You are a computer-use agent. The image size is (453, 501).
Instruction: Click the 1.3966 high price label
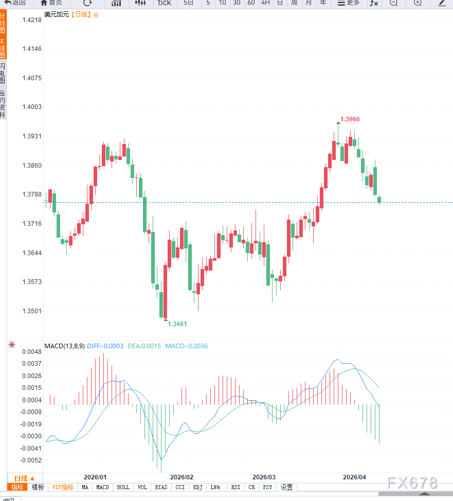[x=350, y=119]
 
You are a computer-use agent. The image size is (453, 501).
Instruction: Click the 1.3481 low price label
[x=177, y=324]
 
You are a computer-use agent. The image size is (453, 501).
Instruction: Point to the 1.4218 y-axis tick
[x=32, y=20]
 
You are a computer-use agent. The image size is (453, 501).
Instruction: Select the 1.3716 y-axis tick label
[x=32, y=224]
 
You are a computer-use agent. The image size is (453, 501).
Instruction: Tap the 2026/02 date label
[x=182, y=477]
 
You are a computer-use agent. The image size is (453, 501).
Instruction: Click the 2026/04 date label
[x=354, y=477]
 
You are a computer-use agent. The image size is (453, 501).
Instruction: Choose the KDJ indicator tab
[x=198, y=487]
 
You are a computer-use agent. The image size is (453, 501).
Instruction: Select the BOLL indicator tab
[x=123, y=487]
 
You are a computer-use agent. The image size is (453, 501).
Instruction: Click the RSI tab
[x=235, y=487]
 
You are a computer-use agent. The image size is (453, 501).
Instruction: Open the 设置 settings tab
[x=287, y=487]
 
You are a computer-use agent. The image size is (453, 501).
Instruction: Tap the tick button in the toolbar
[x=165, y=3]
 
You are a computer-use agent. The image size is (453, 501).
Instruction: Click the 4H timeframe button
[x=265, y=3]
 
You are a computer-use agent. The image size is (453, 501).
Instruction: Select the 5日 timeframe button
[x=189, y=3]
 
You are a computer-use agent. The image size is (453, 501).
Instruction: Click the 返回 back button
[x=15, y=3]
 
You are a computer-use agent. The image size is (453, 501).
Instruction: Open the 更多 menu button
[x=348, y=3]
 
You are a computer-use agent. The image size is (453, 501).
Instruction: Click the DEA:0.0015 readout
[x=145, y=346]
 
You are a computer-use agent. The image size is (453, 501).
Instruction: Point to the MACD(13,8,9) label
[x=64, y=346]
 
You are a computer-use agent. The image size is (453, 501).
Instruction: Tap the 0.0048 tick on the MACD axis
[x=32, y=352]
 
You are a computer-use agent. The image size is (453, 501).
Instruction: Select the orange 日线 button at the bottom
[x=25, y=478]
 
